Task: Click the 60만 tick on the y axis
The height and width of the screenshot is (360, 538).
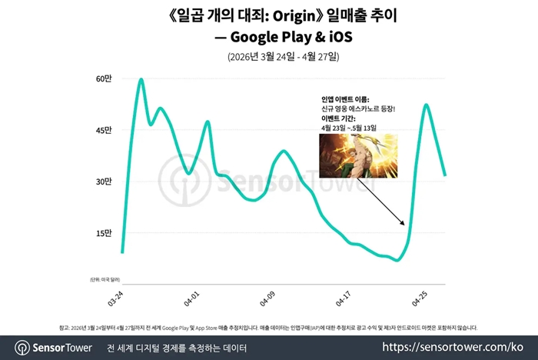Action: pyautogui.click(x=104, y=79)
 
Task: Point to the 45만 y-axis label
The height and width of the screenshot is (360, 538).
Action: pyautogui.click(x=104, y=131)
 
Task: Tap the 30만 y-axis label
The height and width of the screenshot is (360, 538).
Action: pyautogui.click(x=104, y=182)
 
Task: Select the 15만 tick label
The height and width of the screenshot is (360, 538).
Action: pyautogui.click(x=104, y=233)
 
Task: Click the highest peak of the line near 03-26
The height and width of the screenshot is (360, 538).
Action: pyautogui.click(x=141, y=79)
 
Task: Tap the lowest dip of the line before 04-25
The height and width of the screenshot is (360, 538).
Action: pyautogui.click(x=397, y=260)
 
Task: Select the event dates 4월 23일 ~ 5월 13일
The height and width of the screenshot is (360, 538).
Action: pyautogui.click(x=347, y=128)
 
